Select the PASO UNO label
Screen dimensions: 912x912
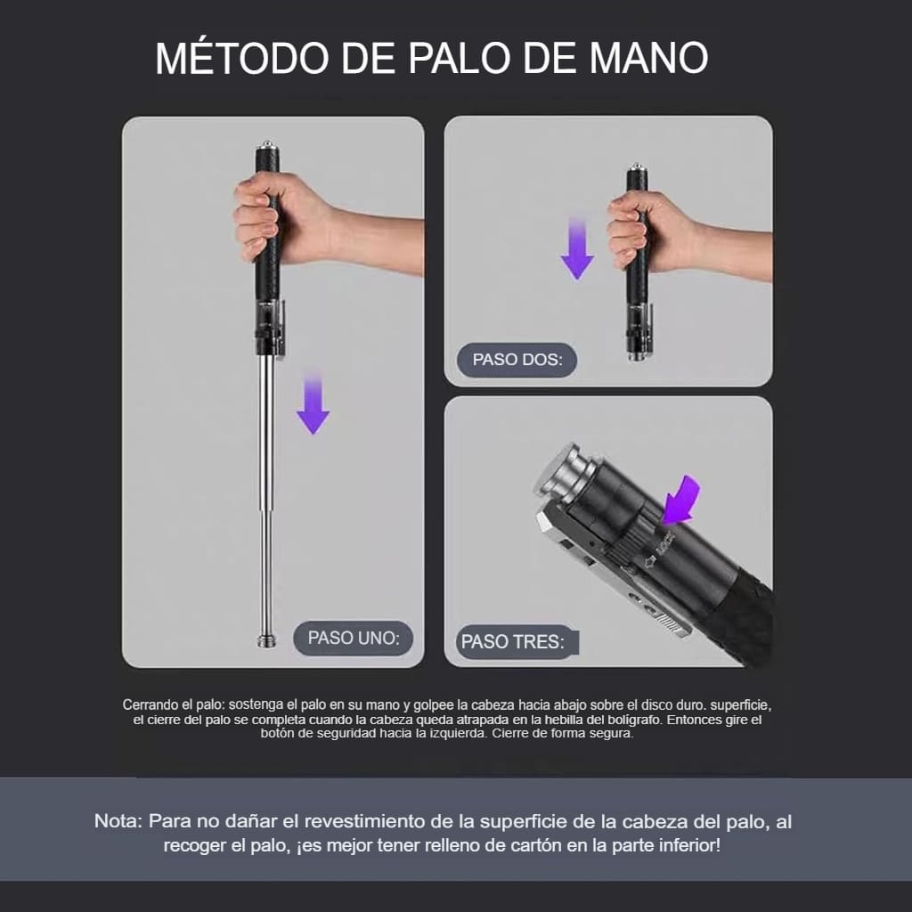354,638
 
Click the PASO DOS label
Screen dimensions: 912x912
517,360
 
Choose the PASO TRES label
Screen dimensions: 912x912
513,641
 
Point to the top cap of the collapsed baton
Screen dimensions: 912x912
636,167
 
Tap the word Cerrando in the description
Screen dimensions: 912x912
150,704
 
